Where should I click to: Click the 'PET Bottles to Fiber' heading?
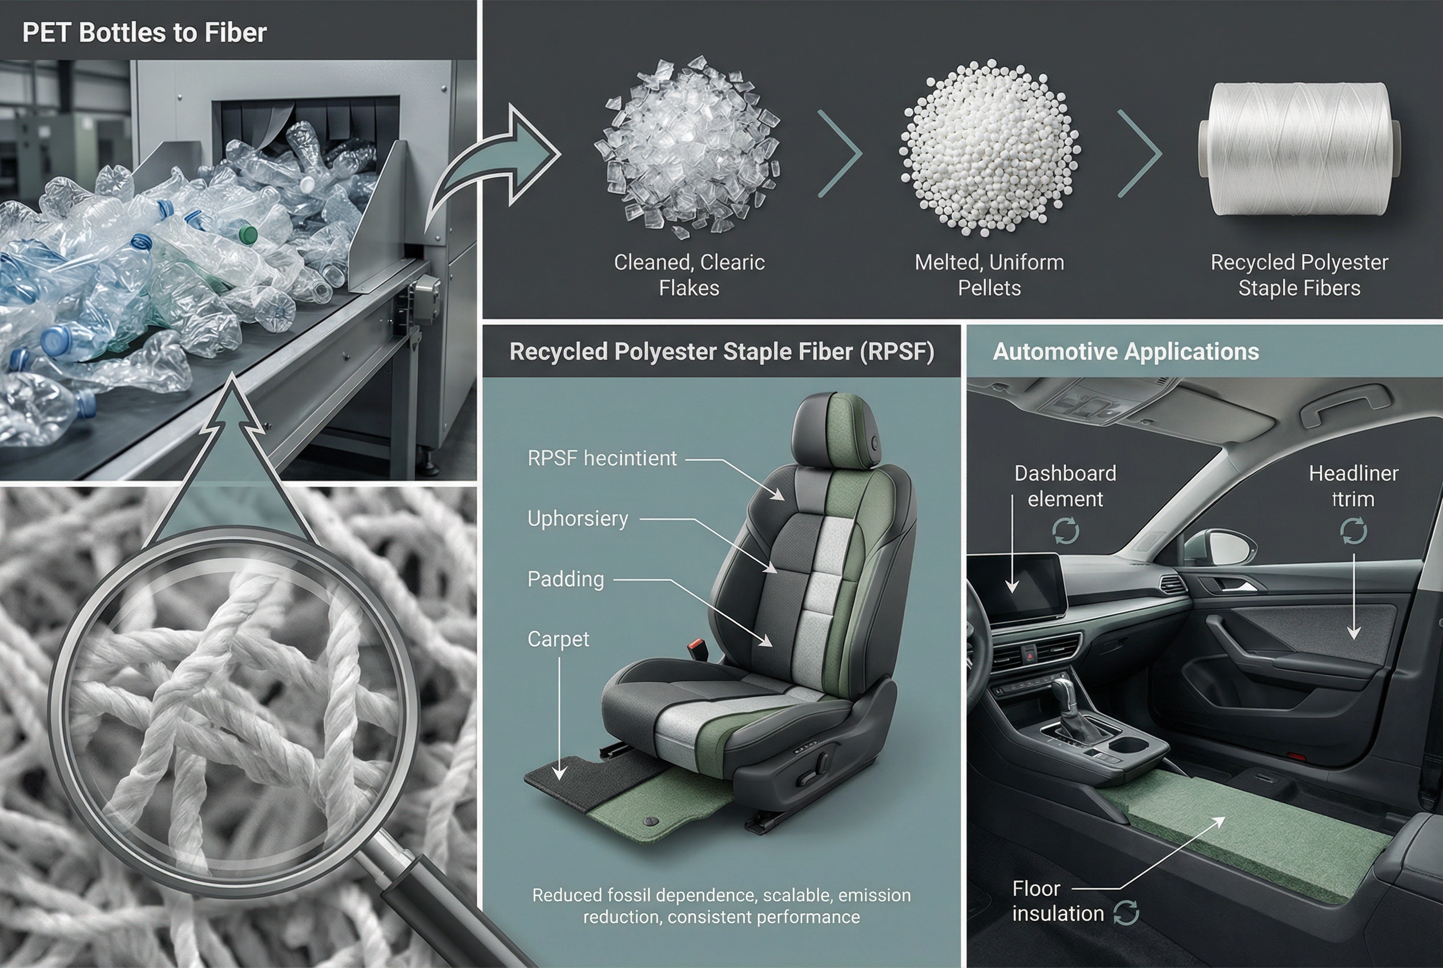[144, 33]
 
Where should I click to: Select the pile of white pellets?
[989, 148]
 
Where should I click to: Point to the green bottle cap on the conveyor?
[248, 234]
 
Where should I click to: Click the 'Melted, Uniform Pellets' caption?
[989, 275]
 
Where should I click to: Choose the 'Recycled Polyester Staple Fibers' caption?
[1299, 275]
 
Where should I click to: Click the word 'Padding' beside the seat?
[566, 580]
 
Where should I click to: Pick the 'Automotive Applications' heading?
[1126, 352]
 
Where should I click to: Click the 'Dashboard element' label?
[1065, 486]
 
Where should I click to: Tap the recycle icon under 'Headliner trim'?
[1353, 531]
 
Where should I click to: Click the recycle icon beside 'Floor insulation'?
[1126, 913]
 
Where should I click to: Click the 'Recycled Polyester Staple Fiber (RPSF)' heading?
[721, 352]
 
